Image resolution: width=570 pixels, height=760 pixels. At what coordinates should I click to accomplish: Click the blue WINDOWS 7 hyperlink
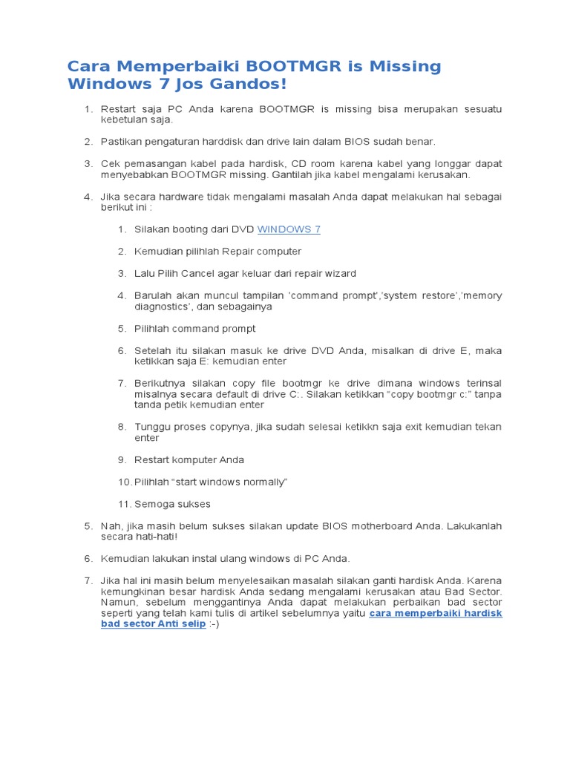click(289, 229)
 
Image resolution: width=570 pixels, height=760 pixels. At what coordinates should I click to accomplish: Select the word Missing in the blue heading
click(405, 67)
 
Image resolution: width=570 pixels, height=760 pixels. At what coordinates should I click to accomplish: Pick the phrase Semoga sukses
click(172, 504)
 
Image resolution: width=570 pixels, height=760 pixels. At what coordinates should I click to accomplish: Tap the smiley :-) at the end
click(214, 624)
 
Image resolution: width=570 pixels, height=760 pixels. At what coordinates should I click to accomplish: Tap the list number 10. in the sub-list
click(124, 482)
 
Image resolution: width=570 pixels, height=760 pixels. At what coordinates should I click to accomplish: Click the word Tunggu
click(152, 427)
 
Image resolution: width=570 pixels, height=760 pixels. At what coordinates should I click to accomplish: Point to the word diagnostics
click(162, 307)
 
